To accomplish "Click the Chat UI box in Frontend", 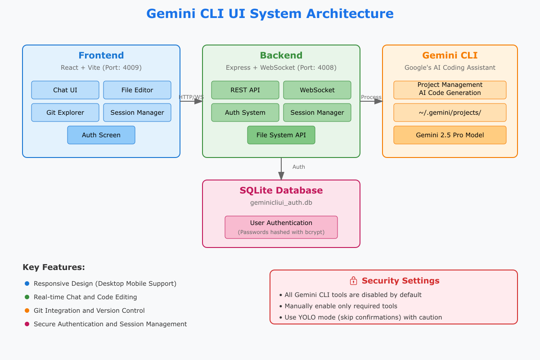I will click(65, 90).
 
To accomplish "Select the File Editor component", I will click(137, 90).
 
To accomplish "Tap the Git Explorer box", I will click(65, 112).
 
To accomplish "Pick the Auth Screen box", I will click(101, 135).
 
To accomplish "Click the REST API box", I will click(245, 90).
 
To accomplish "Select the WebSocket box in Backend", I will click(317, 90).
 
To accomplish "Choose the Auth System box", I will click(245, 112).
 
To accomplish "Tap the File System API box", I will click(281, 135).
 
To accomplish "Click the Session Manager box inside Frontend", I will click(137, 112).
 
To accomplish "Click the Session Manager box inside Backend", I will click(317, 112).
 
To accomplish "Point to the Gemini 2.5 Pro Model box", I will click(450, 135).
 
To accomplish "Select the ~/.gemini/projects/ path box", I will click(450, 112).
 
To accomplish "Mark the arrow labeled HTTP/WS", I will click(191, 101).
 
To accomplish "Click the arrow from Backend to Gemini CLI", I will click(371, 101).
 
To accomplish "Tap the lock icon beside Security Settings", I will click(353, 281).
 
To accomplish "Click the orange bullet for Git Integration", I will click(27, 310).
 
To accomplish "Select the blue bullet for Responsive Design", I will click(27, 283).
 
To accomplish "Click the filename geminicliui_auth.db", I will click(281, 202).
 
